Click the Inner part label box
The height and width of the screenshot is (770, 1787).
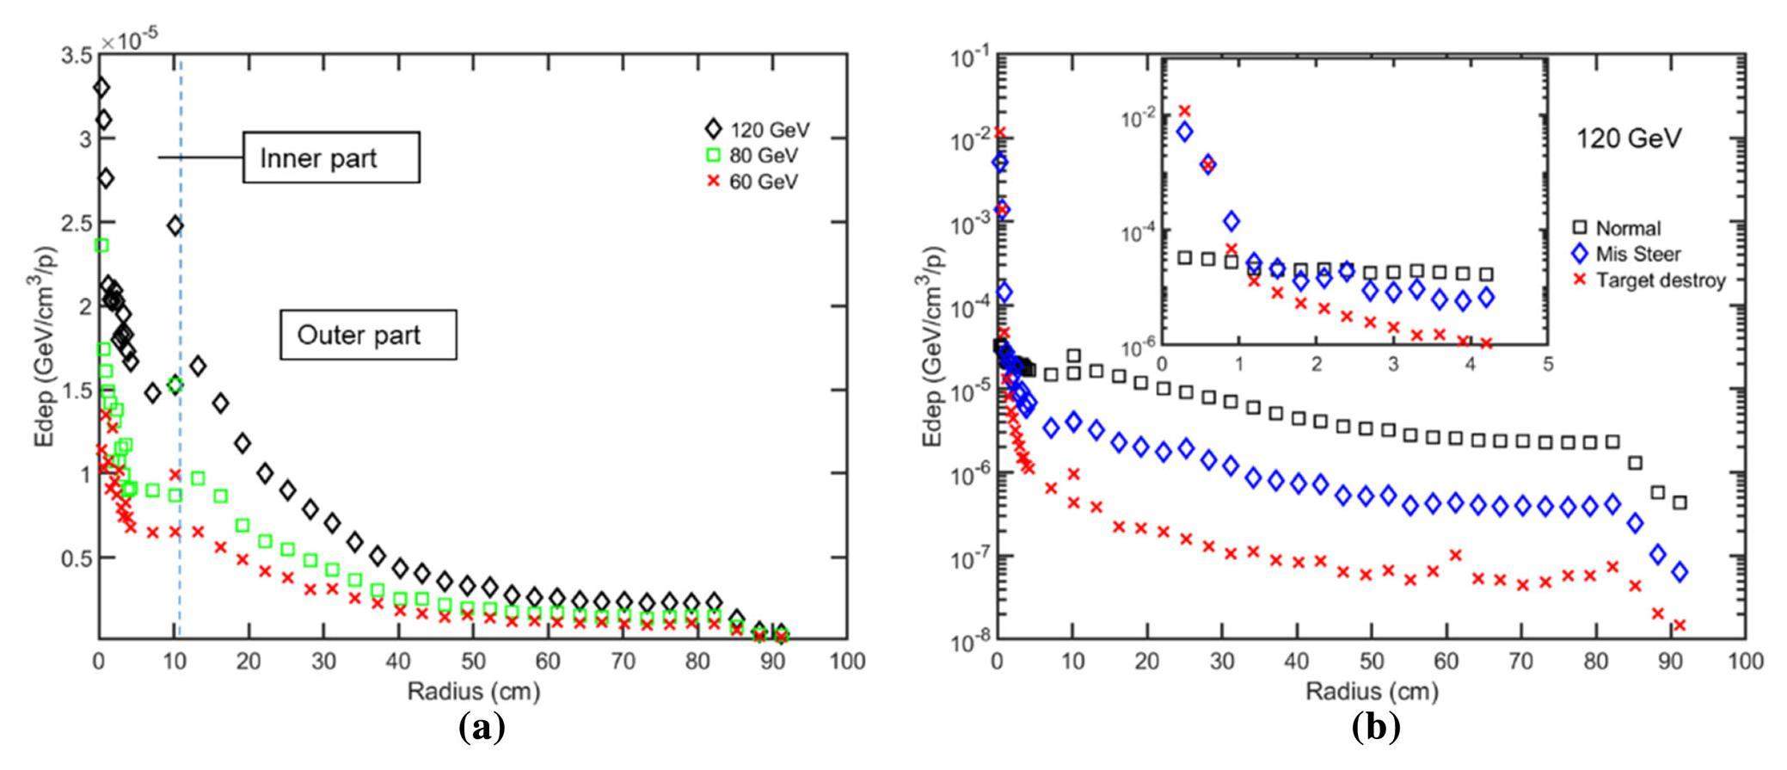point(331,157)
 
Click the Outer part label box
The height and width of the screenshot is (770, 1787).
point(367,335)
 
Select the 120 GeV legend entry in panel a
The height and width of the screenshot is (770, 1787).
point(758,130)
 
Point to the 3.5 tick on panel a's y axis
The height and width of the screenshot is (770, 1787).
point(77,56)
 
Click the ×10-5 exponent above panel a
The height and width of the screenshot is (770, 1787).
point(128,39)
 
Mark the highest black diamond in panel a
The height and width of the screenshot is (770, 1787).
point(101,88)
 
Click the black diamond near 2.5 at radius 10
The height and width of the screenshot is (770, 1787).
point(175,226)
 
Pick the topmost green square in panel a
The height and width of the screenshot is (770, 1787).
point(101,245)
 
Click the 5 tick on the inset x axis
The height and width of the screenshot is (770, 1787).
point(1547,364)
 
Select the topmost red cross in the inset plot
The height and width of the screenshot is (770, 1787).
point(1184,110)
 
